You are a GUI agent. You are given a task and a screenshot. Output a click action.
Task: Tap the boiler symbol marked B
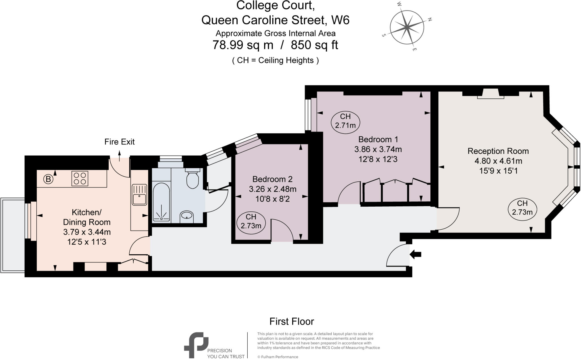tap(48, 179)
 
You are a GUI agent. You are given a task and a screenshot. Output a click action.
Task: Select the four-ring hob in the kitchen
tap(80, 179)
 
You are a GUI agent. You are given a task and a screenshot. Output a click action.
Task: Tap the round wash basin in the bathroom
tap(186, 217)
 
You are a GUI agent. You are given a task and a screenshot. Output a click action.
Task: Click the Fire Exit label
tap(119, 142)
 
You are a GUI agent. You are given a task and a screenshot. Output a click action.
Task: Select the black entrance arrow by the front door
tap(416, 254)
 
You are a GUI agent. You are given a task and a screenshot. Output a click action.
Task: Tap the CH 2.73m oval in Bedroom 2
tap(251, 222)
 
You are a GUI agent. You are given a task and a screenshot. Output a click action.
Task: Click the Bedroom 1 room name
tap(378, 139)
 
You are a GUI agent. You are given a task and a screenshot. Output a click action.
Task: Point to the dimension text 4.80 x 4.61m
tap(498, 161)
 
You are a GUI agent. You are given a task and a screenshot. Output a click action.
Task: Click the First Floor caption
tap(291, 321)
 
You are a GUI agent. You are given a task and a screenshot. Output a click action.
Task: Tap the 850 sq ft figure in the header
tap(314, 45)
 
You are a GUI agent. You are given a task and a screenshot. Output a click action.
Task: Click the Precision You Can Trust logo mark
tap(196, 344)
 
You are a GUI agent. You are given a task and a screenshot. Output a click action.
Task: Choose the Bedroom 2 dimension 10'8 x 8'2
tap(272, 199)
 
